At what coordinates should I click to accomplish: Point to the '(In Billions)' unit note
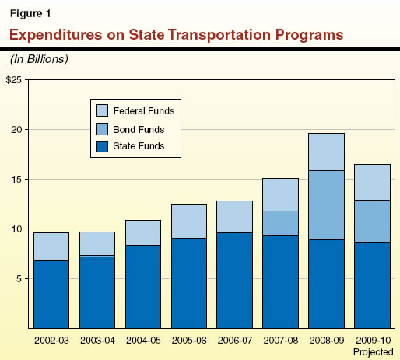click(38, 59)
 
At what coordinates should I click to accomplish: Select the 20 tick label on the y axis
click(19, 129)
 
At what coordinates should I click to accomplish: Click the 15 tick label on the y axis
click(19, 179)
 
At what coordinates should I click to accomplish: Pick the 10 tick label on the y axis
click(19, 229)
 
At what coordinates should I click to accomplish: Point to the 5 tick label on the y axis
click(22, 278)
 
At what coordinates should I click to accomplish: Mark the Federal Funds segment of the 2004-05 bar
click(142, 232)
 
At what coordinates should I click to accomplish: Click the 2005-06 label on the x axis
click(188, 341)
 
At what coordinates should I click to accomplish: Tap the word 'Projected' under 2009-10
click(372, 351)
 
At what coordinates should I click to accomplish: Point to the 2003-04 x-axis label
click(97, 341)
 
